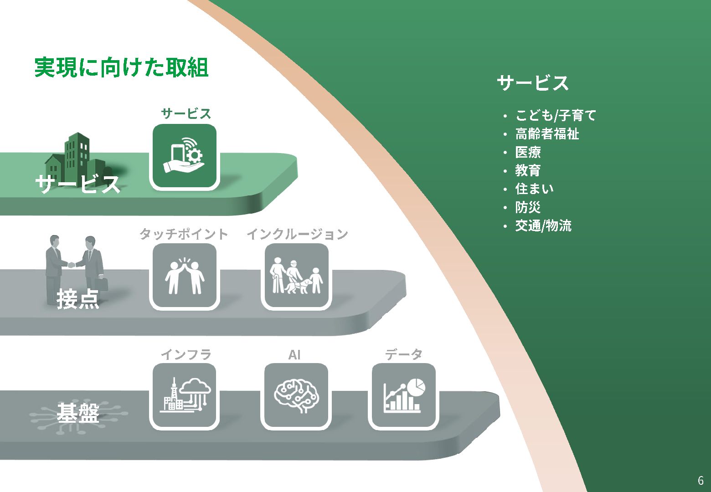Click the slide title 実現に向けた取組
click(x=121, y=67)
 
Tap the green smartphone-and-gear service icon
click(x=184, y=156)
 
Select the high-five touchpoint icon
click(x=184, y=276)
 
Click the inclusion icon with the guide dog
click(x=297, y=276)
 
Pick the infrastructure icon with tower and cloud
click(x=184, y=395)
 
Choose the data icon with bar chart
click(x=404, y=395)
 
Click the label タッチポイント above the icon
click(x=184, y=234)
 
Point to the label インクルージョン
click(x=297, y=234)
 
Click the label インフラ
click(x=186, y=354)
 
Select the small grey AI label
click(x=294, y=354)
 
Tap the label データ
click(x=404, y=354)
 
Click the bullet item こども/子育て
click(x=556, y=115)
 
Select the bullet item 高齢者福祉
click(x=547, y=134)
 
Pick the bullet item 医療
click(x=528, y=152)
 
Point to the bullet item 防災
click(x=528, y=207)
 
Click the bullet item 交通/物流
click(x=543, y=225)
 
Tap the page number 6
click(x=701, y=480)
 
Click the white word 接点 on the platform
click(x=78, y=299)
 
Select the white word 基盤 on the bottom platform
click(x=78, y=413)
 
